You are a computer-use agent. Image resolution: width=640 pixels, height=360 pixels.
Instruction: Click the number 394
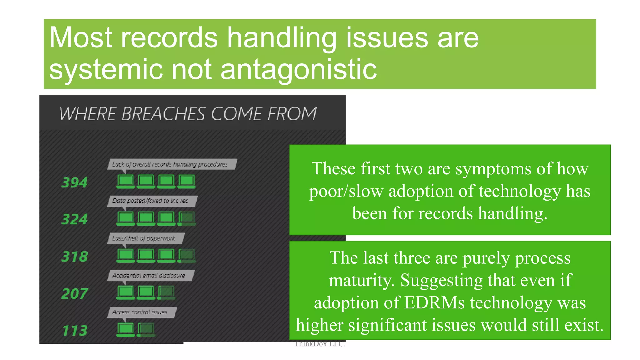tap(74, 182)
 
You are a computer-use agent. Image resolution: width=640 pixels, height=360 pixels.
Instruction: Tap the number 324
tap(74, 219)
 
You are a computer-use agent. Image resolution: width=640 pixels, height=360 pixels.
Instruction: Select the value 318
tap(74, 257)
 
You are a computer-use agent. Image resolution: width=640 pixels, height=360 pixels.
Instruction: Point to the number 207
tap(74, 294)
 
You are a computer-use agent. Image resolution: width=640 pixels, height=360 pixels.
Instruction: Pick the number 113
tap(74, 331)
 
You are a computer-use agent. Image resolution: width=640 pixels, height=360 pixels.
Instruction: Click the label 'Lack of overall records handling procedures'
tap(170, 164)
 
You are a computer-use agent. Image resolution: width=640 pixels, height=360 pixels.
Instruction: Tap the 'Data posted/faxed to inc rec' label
tap(150, 201)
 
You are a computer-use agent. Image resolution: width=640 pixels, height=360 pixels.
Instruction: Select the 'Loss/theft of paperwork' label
tap(144, 238)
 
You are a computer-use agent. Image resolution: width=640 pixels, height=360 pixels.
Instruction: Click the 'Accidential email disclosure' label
tap(149, 275)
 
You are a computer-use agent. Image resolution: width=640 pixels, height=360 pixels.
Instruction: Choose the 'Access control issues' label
tap(140, 312)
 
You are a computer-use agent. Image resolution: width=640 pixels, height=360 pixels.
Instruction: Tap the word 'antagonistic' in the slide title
tap(298, 69)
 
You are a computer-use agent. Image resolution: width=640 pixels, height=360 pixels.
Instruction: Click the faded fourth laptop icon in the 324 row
tap(187, 218)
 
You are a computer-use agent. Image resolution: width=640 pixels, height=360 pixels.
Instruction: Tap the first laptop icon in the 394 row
tap(126, 181)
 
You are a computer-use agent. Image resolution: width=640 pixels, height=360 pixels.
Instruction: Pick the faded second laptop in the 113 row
tap(146, 330)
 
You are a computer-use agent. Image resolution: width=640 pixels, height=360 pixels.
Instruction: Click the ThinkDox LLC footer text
tap(320, 344)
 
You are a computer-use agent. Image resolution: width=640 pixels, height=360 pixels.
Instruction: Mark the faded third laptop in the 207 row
tap(166, 292)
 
